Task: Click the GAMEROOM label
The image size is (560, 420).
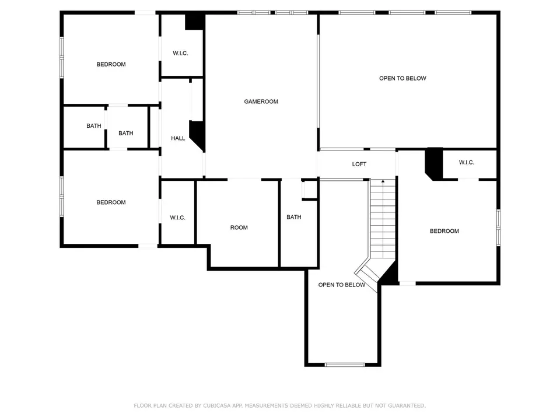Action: [x=261, y=101]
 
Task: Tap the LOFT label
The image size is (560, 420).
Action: [x=359, y=164]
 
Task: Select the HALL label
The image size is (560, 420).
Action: [x=178, y=138]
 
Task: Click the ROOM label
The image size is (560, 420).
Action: [x=239, y=228]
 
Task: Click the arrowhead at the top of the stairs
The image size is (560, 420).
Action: [x=383, y=181]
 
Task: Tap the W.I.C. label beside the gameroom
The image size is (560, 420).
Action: [x=180, y=53]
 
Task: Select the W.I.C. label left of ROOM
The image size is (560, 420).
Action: [x=177, y=218]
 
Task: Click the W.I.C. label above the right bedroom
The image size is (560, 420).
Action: [x=467, y=163]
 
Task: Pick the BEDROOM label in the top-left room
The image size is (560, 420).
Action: [x=111, y=64]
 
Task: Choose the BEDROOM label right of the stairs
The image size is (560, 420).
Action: [x=444, y=231]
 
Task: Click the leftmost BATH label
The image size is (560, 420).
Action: [x=94, y=126]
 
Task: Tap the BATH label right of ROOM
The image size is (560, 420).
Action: [x=294, y=217]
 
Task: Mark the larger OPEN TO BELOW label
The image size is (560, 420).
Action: [x=402, y=78]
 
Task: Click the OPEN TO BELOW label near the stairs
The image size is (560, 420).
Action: [x=342, y=285]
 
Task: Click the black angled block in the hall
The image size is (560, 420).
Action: [x=198, y=134]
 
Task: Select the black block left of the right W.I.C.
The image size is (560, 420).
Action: [x=434, y=163]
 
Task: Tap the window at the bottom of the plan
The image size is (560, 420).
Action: [x=345, y=365]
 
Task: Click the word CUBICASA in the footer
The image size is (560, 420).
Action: [x=218, y=406]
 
